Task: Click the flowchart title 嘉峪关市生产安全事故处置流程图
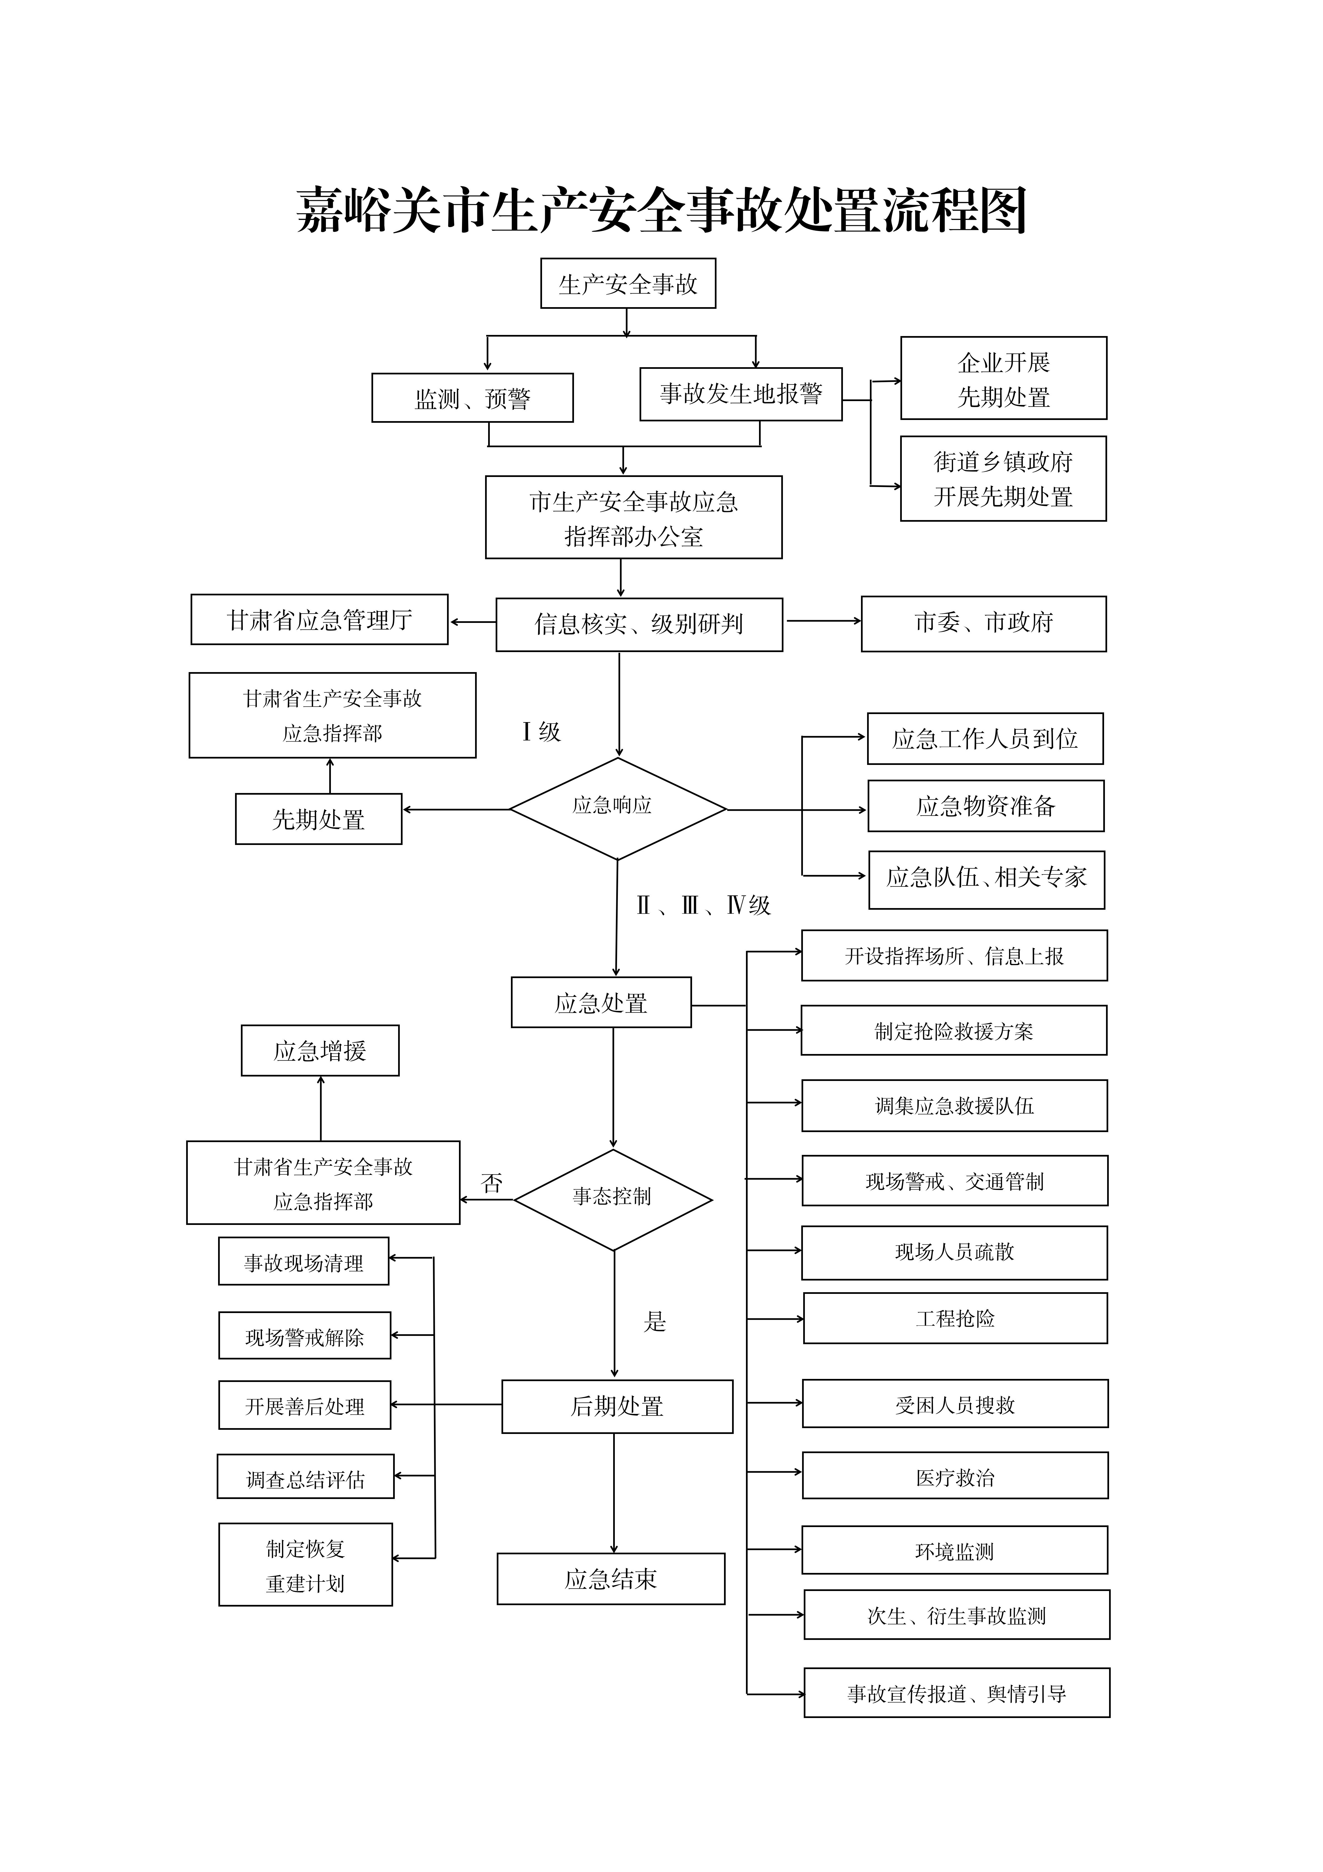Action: coord(661,210)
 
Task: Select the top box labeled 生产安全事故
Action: coord(628,284)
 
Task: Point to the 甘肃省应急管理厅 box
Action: coord(319,620)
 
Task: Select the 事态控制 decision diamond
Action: coord(613,1199)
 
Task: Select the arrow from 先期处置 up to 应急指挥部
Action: coord(330,775)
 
